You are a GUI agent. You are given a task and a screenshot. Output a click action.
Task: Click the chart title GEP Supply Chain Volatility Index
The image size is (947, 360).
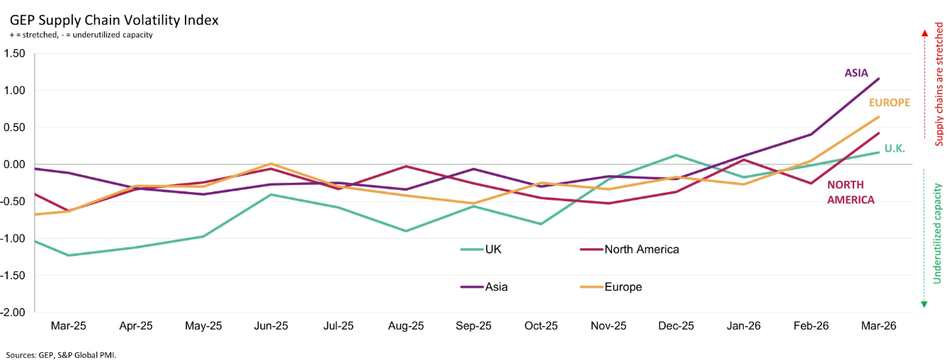point(114,21)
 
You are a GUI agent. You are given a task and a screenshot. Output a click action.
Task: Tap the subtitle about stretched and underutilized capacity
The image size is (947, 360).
point(81,35)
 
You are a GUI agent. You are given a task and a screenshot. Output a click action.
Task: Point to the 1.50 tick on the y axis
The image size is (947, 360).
point(15,53)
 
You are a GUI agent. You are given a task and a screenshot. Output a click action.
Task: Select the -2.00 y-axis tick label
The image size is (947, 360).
point(13,313)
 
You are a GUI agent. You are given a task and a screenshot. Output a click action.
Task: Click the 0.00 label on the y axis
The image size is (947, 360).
point(15,164)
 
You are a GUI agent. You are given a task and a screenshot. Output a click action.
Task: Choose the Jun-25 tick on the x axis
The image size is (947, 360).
point(271,326)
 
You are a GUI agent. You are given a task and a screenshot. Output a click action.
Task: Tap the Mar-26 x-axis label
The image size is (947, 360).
point(878,326)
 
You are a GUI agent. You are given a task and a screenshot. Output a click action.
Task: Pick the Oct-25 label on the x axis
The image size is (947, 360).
point(541,326)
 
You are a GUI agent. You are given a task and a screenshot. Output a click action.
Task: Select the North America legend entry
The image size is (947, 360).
point(630,249)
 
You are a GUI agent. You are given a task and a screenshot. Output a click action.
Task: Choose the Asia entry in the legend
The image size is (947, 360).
point(484,287)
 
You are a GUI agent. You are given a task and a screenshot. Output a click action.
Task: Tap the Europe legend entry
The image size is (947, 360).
point(611,287)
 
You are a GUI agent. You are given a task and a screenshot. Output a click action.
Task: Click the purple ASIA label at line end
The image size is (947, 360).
point(856,73)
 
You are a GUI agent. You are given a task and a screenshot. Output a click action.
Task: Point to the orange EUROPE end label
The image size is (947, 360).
point(890,102)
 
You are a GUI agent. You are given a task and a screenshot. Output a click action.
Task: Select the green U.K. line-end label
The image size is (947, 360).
point(895,149)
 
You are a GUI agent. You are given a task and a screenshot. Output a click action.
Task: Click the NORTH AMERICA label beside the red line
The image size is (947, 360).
point(851,192)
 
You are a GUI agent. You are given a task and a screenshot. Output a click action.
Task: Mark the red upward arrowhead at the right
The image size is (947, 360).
point(924,33)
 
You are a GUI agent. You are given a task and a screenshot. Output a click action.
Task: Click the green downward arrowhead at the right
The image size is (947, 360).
point(924,304)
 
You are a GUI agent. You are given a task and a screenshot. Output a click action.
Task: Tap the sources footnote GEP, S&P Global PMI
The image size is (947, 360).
point(61,355)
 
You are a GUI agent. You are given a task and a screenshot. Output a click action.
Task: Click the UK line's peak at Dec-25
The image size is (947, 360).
point(676,154)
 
